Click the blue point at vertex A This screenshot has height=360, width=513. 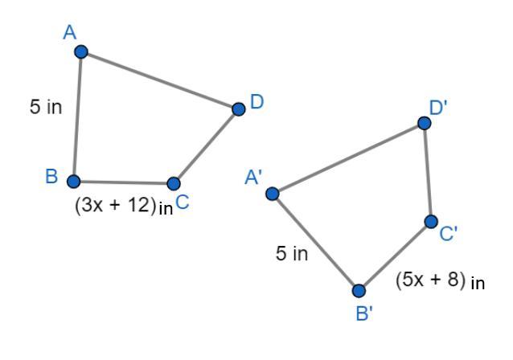coord(80,52)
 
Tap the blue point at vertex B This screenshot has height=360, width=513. coord(73,181)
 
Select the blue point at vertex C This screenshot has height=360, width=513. coord(174,183)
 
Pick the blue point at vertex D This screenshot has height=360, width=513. coord(238,108)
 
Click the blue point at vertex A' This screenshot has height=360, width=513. coord(273,193)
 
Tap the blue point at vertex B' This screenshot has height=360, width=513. coord(359,290)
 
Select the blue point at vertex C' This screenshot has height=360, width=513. coord(431,221)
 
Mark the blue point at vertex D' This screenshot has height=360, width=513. coord(425,123)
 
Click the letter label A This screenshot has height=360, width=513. coord(69,32)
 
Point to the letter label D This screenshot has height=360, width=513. coord(256,102)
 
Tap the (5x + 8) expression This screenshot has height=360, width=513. coord(433,281)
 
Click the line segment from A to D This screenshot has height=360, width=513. coord(159,80)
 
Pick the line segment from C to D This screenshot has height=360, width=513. coord(206,145)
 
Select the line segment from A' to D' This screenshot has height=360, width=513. coord(348,158)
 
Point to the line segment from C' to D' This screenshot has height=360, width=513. coord(428,172)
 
